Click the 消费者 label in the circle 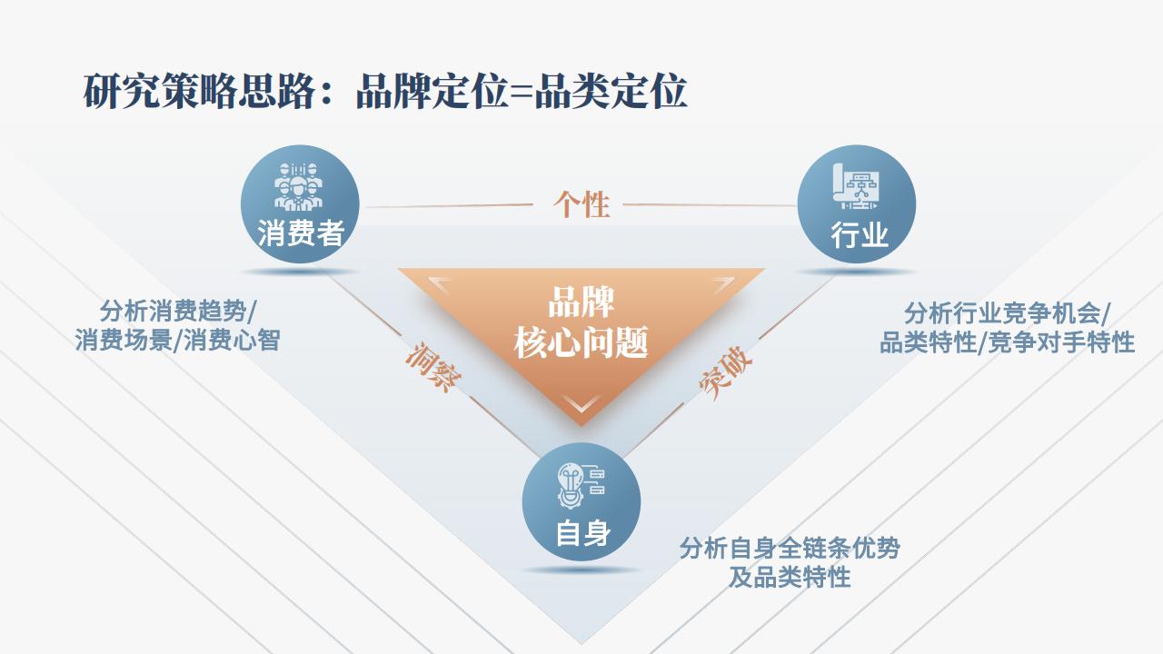tap(301, 233)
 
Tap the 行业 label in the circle tap(860, 234)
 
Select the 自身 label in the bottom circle tap(583, 533)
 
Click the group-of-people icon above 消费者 tap(298, 186)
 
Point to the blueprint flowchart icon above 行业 tap(858, 186)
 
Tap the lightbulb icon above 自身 tap(581, 485)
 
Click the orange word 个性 tap(581, 204)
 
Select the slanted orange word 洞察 tap(433, 367)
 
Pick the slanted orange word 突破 tap(725, 372)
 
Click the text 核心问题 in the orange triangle tap(581, 342)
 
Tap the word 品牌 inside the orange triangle tap(581, 302)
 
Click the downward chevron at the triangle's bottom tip tap(581, 402)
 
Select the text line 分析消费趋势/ tap(177, 312)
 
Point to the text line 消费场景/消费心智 tap(177, 341)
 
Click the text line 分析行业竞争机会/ tap(1007, 313)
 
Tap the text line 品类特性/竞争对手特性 tap(1007, 342)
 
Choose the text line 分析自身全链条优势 tap(790, 548)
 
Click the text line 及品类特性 tap(790, 577)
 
